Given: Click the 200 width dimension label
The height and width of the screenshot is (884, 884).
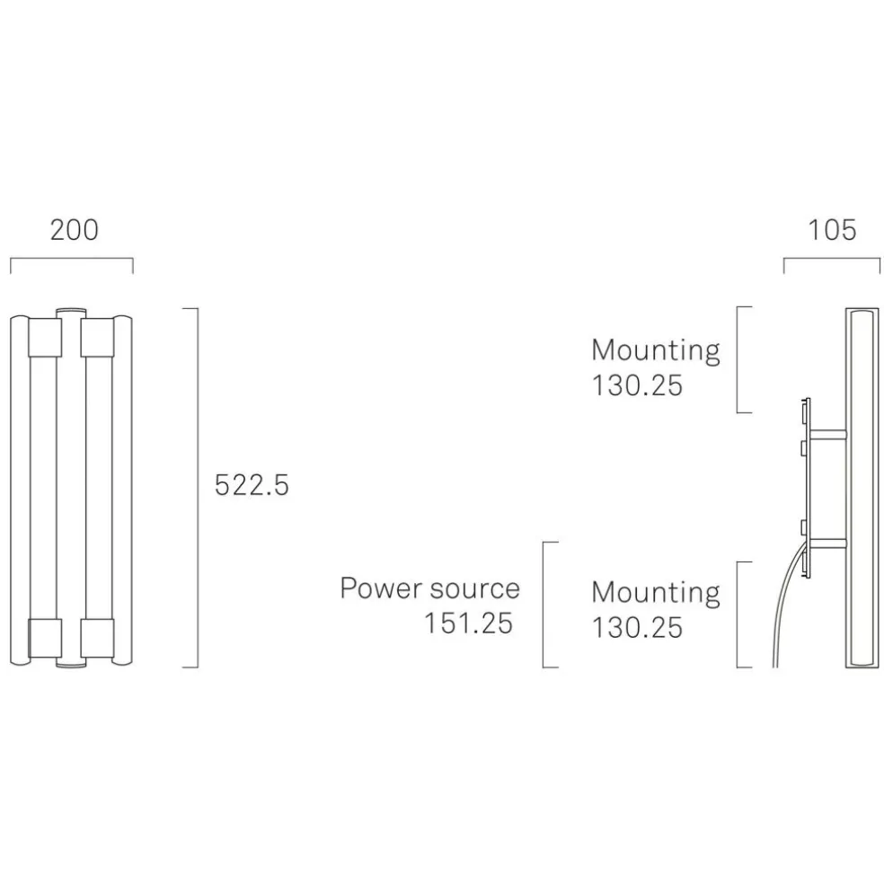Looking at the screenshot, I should (74, 230).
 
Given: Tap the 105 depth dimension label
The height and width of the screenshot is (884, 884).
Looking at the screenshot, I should (832, 230).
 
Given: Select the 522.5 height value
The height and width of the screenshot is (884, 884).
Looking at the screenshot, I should (252, 486).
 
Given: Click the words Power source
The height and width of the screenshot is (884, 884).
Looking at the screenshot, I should (429, 589).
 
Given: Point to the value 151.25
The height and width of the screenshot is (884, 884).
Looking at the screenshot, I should (468, 623).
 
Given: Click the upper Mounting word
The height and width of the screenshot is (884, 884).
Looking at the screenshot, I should (656, 350).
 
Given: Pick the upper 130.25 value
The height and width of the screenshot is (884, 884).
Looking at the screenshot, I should (637, 385).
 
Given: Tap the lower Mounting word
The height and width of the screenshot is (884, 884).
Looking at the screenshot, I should (656, 593).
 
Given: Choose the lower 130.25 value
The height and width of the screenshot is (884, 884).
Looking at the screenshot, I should (637, 627).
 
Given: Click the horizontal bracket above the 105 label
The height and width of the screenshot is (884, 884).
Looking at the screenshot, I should (832, 260).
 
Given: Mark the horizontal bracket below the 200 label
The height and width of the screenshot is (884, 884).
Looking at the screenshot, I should (71, 260).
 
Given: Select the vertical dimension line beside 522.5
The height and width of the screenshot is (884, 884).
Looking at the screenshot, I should (197, 488).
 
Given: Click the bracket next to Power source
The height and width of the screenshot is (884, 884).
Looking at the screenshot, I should (544, 604).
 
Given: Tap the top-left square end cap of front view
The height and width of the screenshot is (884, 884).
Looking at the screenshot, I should (44, 335).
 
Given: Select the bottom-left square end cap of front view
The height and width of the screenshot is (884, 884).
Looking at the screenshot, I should (44, 637).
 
